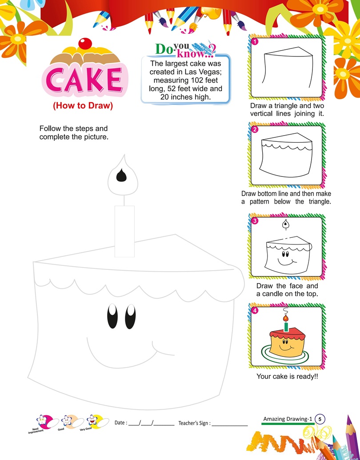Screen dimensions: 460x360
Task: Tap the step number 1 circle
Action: point(255,42)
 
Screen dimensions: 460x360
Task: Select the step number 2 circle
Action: point(255,130)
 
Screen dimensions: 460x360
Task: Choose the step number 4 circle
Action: point(255,311)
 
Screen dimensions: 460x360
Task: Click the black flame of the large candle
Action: point(121,176)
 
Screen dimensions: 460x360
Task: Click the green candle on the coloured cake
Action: point(286,326)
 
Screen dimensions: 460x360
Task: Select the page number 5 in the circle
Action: point(320,419)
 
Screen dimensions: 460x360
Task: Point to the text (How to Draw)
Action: point(83,106)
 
